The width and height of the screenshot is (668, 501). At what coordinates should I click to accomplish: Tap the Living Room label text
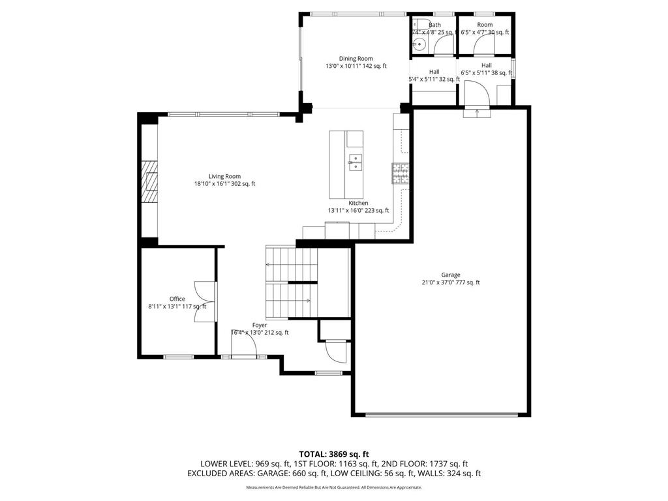tap(224, 176)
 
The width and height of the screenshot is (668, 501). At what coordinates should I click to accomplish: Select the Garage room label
tap(450, 275)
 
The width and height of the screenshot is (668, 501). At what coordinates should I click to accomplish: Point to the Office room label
tap(177, 299)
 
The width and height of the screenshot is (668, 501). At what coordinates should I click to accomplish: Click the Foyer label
tap(260, 325)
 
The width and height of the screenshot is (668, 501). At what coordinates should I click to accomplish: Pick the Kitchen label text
tap(358, 203)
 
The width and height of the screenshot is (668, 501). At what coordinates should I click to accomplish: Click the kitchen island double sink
tap(356, 162)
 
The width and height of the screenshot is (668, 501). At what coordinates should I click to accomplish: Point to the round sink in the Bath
tap(419, 44)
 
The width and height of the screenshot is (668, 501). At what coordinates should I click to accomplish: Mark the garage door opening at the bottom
tap(443, 414)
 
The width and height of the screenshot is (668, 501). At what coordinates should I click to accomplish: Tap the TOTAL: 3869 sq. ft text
tap(333, 453)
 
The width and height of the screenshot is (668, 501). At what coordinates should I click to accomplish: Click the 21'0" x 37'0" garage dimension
tap(450, 282)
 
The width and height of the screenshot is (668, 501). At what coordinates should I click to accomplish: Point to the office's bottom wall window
tap(178, 356)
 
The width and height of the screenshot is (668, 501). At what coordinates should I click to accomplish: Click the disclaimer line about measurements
tap(333, 488)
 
